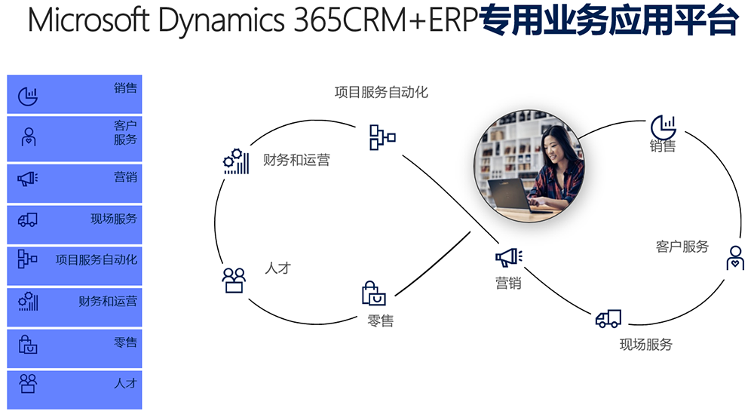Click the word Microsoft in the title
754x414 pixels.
tap(89, 20)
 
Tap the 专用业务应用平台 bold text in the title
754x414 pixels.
tap(608, 20)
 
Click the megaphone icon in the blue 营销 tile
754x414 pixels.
tap(28, 179)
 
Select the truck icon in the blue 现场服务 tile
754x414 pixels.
tap(28, 219)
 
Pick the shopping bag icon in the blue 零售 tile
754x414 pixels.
tap(28, 345)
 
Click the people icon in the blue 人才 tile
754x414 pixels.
tap(28, 384)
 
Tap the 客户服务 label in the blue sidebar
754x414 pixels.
tap(125, 133)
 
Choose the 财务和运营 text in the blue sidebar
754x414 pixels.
tap(108, 302)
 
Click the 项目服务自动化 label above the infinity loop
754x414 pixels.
tap(382, 92)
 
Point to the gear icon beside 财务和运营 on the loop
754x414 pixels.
tap(236, 161)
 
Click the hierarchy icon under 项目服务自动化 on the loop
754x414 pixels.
tap(382, 137)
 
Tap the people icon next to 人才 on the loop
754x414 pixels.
tap(234, 281)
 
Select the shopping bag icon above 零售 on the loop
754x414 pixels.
tap(374, 293)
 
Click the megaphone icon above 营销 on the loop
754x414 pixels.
tap(509, 257)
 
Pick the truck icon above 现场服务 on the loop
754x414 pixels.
tap(608, 319)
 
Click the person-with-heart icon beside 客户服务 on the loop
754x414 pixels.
tap(734, 258)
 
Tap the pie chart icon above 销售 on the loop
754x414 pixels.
tap(663, 127)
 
